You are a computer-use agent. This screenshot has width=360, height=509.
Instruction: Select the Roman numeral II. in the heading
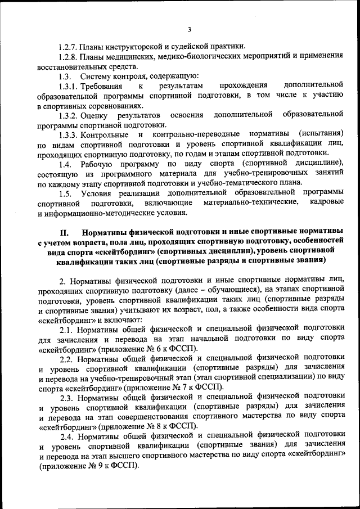click(x=64, y=232)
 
